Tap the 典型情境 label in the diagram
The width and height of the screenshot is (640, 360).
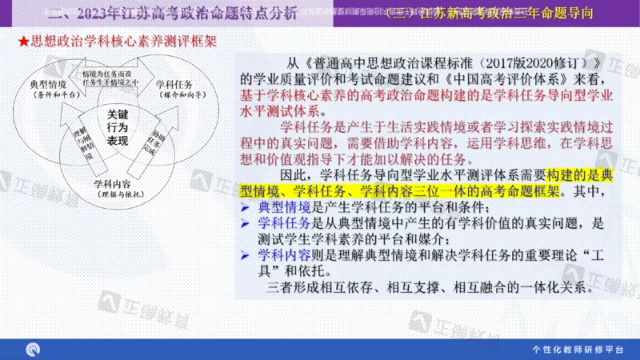[49, 84]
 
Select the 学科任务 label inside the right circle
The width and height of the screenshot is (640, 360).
[174, 84]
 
